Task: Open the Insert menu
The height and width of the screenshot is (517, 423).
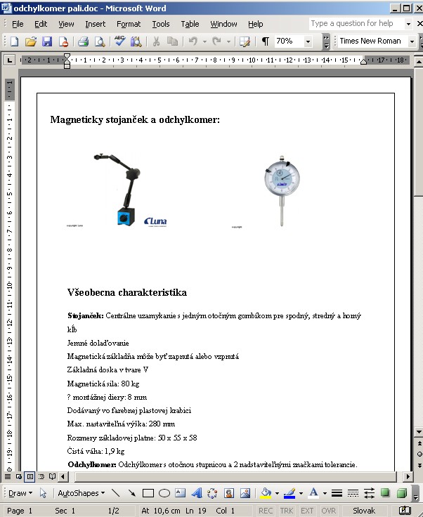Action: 95,24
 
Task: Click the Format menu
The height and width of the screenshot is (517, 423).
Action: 129,24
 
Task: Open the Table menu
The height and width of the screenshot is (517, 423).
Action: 190,24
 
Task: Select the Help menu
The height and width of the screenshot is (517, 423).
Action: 255,24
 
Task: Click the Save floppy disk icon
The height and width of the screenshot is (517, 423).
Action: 47,41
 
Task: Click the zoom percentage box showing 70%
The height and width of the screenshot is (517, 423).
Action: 287,41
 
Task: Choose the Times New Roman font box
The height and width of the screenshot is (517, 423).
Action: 370,41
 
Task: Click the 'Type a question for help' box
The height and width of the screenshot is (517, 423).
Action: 356,23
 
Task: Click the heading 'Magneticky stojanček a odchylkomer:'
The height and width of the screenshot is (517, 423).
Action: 135,120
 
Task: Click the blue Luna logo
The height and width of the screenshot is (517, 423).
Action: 155,222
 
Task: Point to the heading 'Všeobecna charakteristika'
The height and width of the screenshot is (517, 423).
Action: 126,292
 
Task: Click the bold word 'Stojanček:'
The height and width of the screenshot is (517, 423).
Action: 85,316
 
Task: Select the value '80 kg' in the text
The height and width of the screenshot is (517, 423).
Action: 130,384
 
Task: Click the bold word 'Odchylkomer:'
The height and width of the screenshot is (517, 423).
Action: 91,464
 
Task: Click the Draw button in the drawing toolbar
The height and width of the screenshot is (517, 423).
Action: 18,493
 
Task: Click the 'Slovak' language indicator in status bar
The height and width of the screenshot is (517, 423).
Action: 363,511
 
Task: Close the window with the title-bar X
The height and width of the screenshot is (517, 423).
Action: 415,8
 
